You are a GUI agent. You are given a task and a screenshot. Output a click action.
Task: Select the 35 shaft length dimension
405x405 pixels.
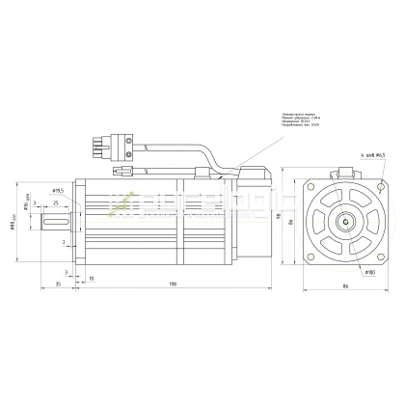[57, 284]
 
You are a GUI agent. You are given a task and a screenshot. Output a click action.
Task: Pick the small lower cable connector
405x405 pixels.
[122, 171]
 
